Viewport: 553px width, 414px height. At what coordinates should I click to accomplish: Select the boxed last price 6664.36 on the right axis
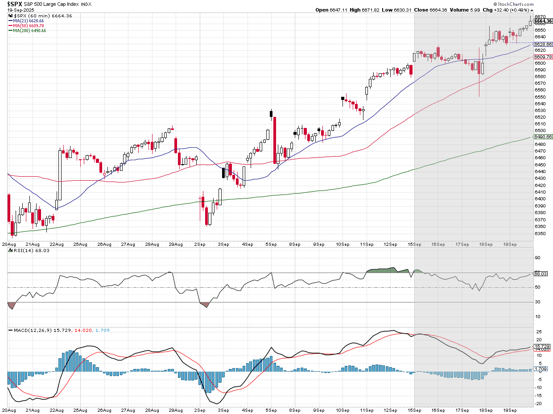pos(543,21)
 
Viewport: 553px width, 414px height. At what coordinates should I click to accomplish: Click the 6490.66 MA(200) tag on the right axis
pos(543,137)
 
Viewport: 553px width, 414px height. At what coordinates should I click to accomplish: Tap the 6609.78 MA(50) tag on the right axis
pos(543,57)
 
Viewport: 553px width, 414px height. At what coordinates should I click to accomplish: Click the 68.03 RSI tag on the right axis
pos(540,273)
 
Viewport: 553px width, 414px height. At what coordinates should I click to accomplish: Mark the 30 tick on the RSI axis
pos(538,302)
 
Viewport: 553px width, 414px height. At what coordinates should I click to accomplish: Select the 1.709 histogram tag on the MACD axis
pos(541,369)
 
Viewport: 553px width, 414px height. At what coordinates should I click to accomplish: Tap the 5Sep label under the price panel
pos(270,244)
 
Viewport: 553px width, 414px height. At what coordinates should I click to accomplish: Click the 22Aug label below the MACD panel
pos(56,410)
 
